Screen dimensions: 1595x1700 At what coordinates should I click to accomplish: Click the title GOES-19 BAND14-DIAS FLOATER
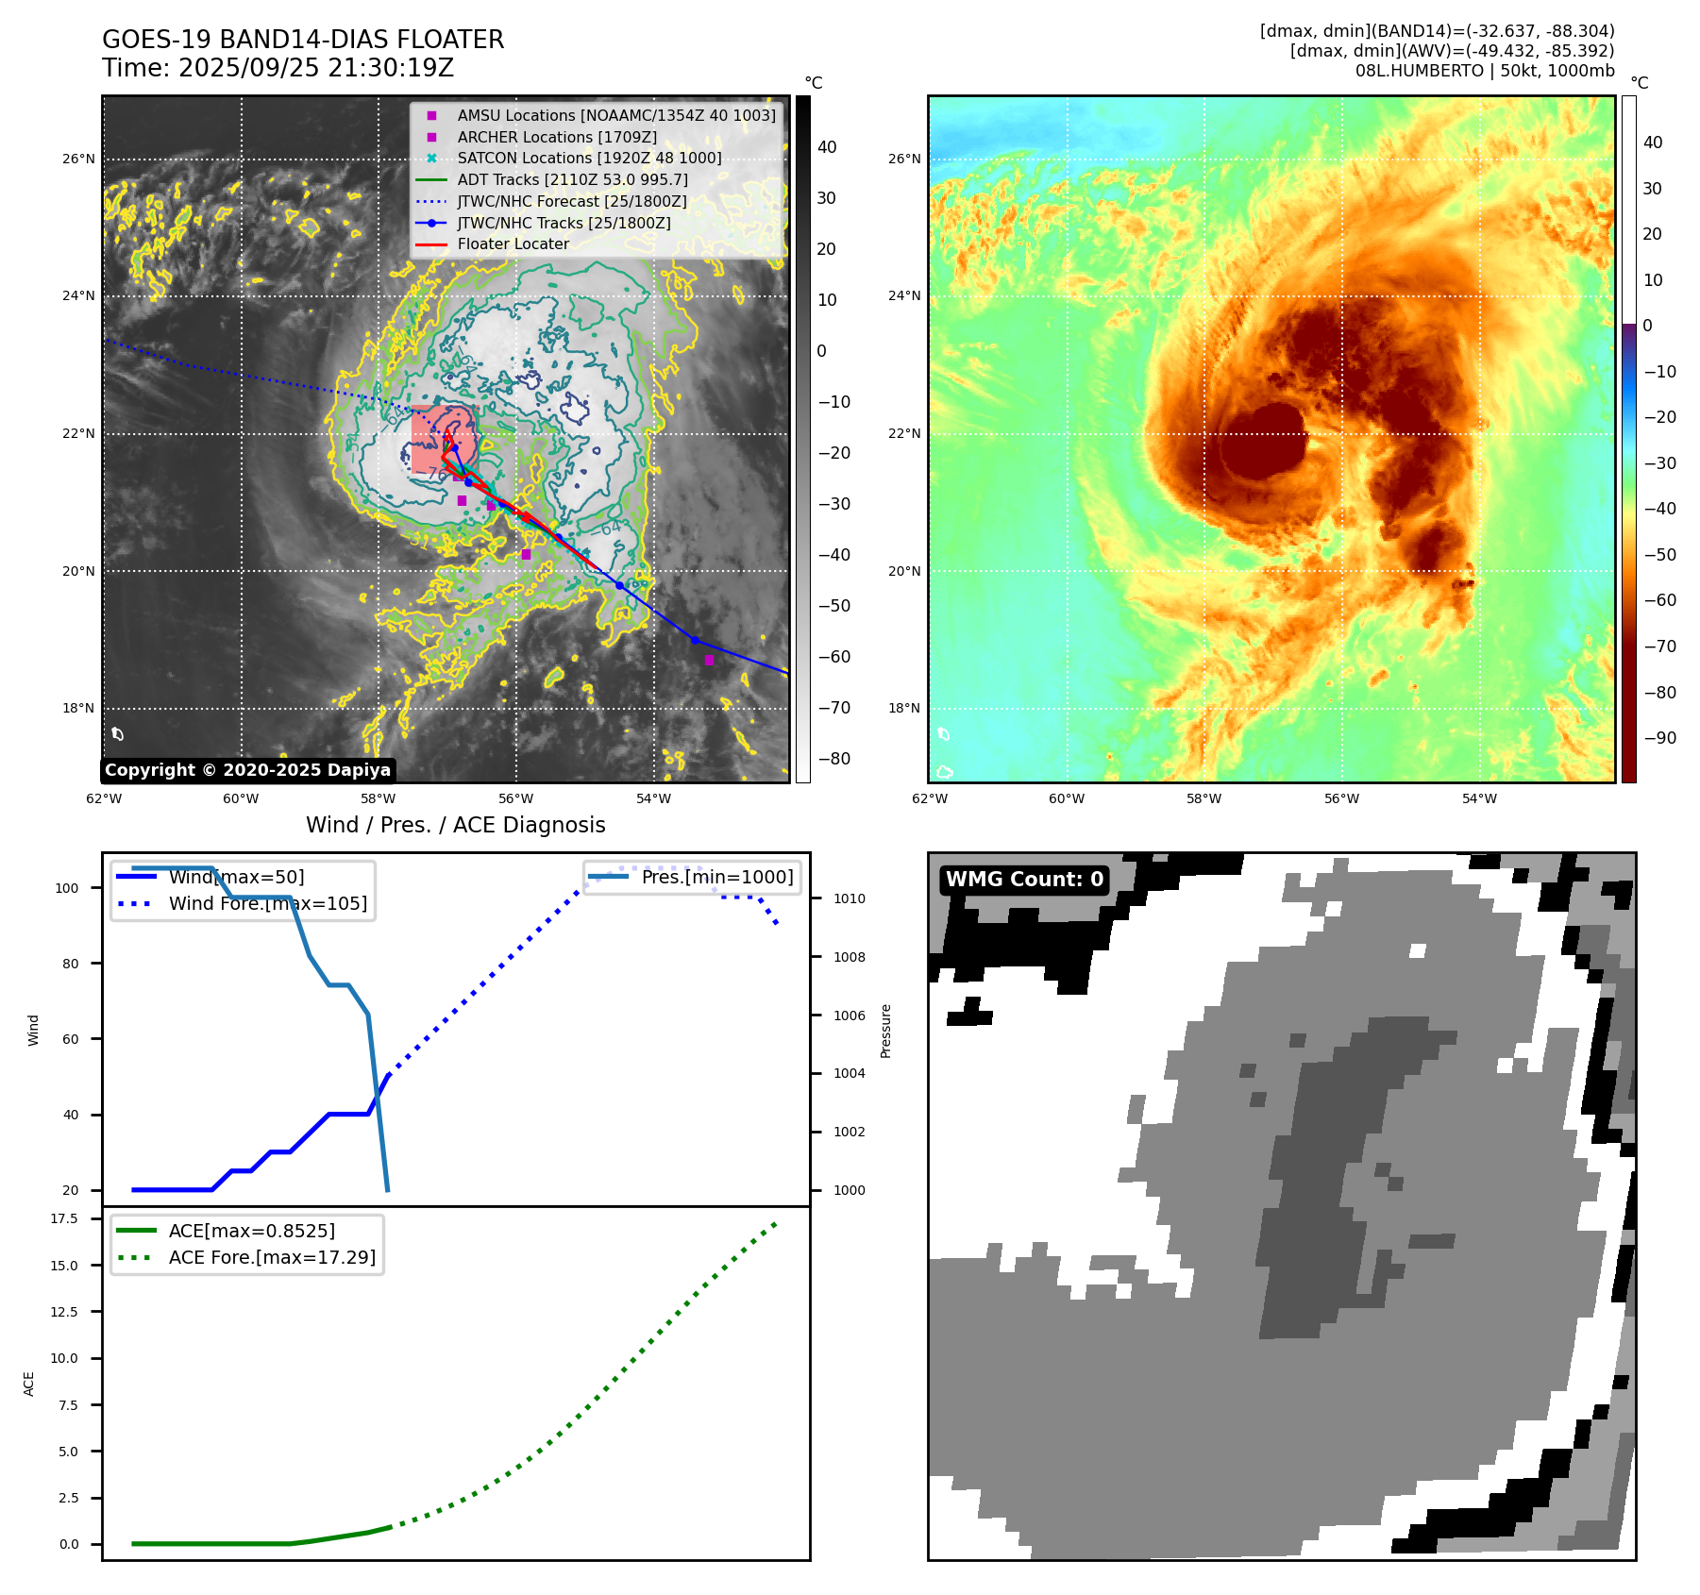(x=303, y=40)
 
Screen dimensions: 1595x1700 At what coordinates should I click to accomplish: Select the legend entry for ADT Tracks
(x=572, y=179)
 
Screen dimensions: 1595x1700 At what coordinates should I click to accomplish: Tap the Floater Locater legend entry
(x=513, y=243)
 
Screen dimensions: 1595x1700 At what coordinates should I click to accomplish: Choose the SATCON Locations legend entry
(x=589, y=158)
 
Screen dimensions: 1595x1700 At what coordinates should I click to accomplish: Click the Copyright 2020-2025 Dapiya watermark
(x=247, y=770)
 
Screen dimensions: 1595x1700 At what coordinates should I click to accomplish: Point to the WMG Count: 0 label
(x=1024, y=880)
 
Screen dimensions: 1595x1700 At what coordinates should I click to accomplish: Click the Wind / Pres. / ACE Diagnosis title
(x=455, y=825)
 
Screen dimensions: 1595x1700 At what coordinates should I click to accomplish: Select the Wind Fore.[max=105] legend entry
(x=267, y=903)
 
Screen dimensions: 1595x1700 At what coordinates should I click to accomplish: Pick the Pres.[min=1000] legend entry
(x=716, y=877)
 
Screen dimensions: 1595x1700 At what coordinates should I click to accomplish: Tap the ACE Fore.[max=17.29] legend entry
(x=272, y=1257)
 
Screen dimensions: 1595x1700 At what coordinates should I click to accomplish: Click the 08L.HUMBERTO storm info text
(x=1484, y=71)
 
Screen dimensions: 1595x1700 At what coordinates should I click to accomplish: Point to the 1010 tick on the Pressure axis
(x=849, y=898)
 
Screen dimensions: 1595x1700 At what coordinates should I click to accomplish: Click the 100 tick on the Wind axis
(x=67, y=888)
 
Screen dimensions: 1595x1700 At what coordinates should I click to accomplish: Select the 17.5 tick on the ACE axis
(x=64, y=1218)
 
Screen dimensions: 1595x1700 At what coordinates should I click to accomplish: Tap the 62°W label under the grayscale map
(x=104, y=798)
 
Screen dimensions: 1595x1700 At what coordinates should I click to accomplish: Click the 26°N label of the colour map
(x=904, y=159)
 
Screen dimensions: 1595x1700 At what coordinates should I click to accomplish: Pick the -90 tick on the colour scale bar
(x=1659, y=738)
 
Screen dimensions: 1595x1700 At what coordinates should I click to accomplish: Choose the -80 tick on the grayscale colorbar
(x=833, y=759)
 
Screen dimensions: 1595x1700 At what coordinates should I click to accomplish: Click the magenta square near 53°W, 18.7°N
(x=709, y=660)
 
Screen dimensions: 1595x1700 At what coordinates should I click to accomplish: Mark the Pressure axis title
(x=885, y=1031)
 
